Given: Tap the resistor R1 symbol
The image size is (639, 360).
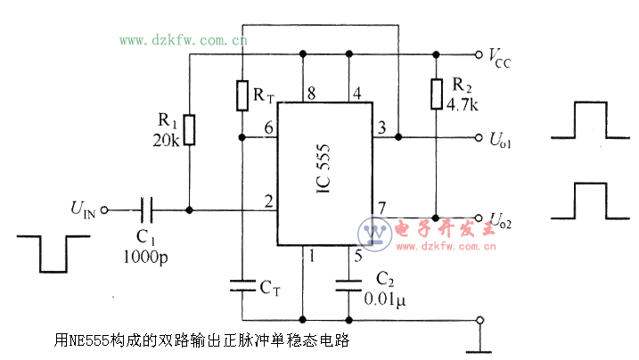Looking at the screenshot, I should (x=190, y=129).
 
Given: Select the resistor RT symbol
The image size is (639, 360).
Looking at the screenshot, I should (x=242, y=95).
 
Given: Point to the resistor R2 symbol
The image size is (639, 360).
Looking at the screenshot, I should (x=436, y=94).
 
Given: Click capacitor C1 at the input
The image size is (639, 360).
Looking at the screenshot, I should (x=148, y=210).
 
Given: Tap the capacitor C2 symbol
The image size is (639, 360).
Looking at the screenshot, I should (x=348, y=286).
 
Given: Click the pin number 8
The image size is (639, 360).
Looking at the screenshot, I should (x=311, y=92).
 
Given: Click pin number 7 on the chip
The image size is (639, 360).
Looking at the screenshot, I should (x=381, y=208).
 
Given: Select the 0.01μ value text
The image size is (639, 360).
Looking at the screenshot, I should (x=385, y=299).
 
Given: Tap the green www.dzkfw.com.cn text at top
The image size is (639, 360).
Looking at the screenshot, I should (x=183, y=40).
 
